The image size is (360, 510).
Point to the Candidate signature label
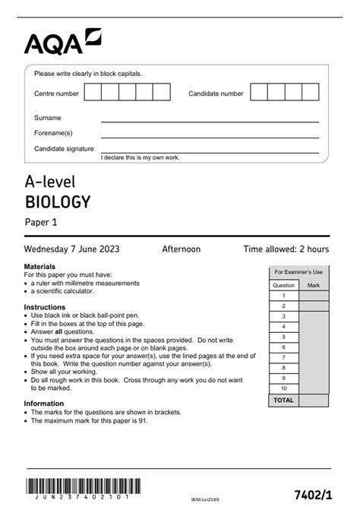(x=64, y=148)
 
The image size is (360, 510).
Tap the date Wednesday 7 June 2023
(x=71, y=249)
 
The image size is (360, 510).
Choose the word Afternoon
(x=182, y=249)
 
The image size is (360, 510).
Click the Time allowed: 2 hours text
(x=286, y=249)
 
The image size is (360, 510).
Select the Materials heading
(x=39, y=267)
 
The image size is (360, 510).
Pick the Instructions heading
(x=45, y=307)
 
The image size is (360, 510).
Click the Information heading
(x=43, y=404)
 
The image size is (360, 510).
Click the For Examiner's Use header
(x=298, y=271)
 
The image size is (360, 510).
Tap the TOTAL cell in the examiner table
(x=283, y=399)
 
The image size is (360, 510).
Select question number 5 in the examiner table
(x=283, y=336)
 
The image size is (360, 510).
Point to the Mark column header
(x=314, y=285)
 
